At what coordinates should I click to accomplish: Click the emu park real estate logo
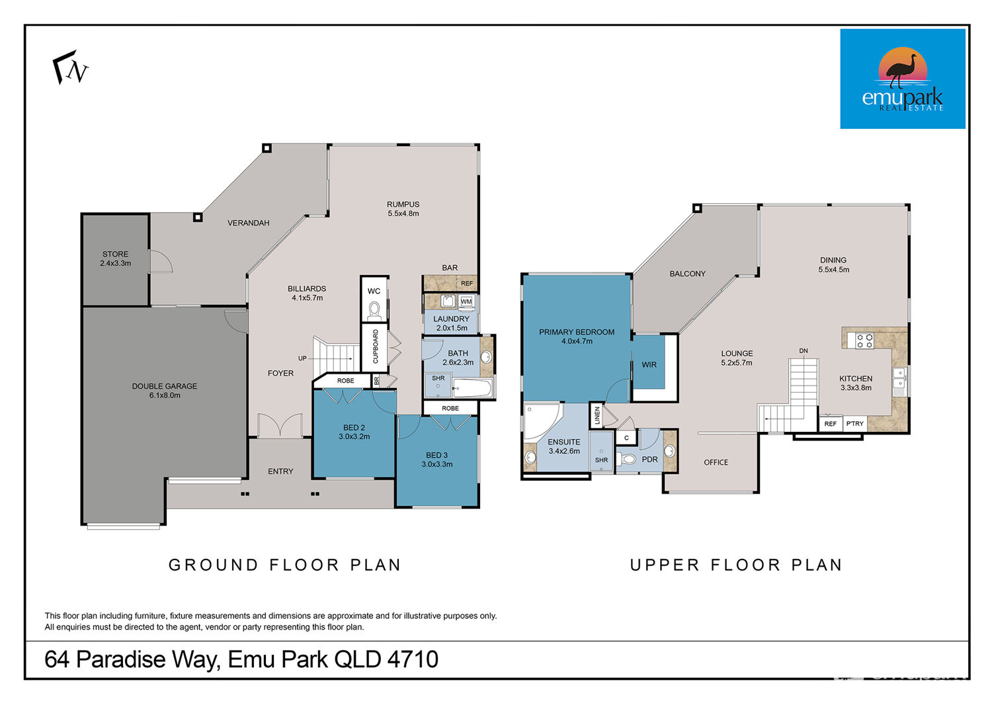(x=903, y=79)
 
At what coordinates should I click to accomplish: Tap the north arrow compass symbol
(x=70, y=67)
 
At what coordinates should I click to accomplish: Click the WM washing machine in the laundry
(x=466, y=302)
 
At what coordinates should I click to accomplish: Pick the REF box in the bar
(x=467, y=284)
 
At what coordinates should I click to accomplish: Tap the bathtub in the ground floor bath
(x=472, y=388)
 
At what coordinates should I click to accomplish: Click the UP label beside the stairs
(x=302, y=358)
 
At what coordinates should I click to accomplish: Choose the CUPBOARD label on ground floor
(x=376, y=347)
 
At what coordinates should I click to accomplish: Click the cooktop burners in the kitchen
(x=864, y=341)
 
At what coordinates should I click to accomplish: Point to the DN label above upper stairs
(x=804, y=350)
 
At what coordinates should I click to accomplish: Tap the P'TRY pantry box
(x=854, y=424)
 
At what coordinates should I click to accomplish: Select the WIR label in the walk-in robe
(x=649, y=365)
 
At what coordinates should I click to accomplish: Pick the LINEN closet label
(x=597, y=415)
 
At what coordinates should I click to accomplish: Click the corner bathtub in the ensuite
(x=541, y=421)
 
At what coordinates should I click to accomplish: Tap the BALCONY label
(x=687, y=274)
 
